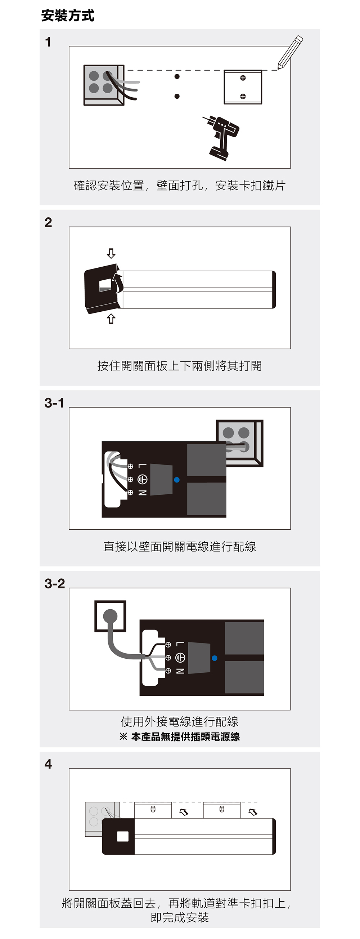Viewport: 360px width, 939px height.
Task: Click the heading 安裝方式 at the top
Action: pos(68,16)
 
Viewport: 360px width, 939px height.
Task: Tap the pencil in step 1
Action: pos(290,52)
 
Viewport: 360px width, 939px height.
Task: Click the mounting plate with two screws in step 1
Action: pos(243,87)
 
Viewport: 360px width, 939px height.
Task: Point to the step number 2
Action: pos(48,222)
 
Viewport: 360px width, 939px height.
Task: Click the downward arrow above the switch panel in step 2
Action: pos(111,253)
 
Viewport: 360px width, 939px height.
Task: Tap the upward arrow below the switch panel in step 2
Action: pos(111,319)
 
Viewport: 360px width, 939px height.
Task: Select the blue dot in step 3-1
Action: pos(177,480)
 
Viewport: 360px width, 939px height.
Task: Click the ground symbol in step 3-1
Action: pos(142,479)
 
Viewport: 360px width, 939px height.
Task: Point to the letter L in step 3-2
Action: pos(180,644)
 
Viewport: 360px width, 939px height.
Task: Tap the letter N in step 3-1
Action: pos(142,493)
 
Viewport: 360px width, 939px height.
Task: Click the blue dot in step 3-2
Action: pos(214,658)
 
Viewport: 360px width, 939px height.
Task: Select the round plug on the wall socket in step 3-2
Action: pos(110,617)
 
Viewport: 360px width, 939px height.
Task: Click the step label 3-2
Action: pos(55,584)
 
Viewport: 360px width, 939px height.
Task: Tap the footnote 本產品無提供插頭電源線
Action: pos(185,737)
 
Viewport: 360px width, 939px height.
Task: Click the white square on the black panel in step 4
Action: pos(123,837)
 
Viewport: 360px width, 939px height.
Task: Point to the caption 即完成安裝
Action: pos(180,917)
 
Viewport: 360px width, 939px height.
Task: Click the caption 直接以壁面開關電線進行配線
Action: pos(180,546)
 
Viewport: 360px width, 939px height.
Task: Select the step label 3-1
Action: pos(54,403)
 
